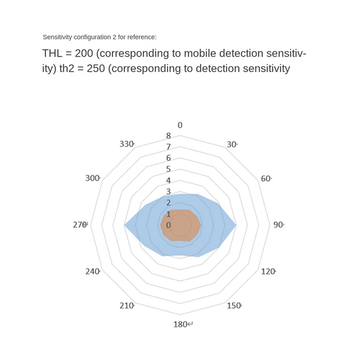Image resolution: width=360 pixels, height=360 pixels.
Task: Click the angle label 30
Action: (231, 144)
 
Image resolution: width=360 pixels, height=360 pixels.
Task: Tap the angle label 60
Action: (265, 179)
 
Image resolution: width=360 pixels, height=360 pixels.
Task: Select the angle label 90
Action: (278, 225)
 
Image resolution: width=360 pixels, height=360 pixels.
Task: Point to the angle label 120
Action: (268, 271)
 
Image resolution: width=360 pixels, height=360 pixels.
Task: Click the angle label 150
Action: (233, 306)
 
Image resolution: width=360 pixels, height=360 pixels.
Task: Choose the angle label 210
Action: (126, 306)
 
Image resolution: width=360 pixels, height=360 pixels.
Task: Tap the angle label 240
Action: (92, 271)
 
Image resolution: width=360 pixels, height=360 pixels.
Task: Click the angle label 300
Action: (92, 178)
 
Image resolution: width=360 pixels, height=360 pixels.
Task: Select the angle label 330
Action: (126, 144)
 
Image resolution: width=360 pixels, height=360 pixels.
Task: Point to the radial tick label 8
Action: (169, 136)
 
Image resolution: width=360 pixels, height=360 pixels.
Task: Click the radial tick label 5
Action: (169, 169)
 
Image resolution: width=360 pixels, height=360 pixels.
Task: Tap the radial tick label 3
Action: (169, 192)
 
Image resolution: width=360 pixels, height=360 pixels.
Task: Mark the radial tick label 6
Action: (169, 158)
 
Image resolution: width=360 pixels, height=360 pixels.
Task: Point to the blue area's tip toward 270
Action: (126, 225)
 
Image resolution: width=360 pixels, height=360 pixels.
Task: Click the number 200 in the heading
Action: (83, 54)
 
